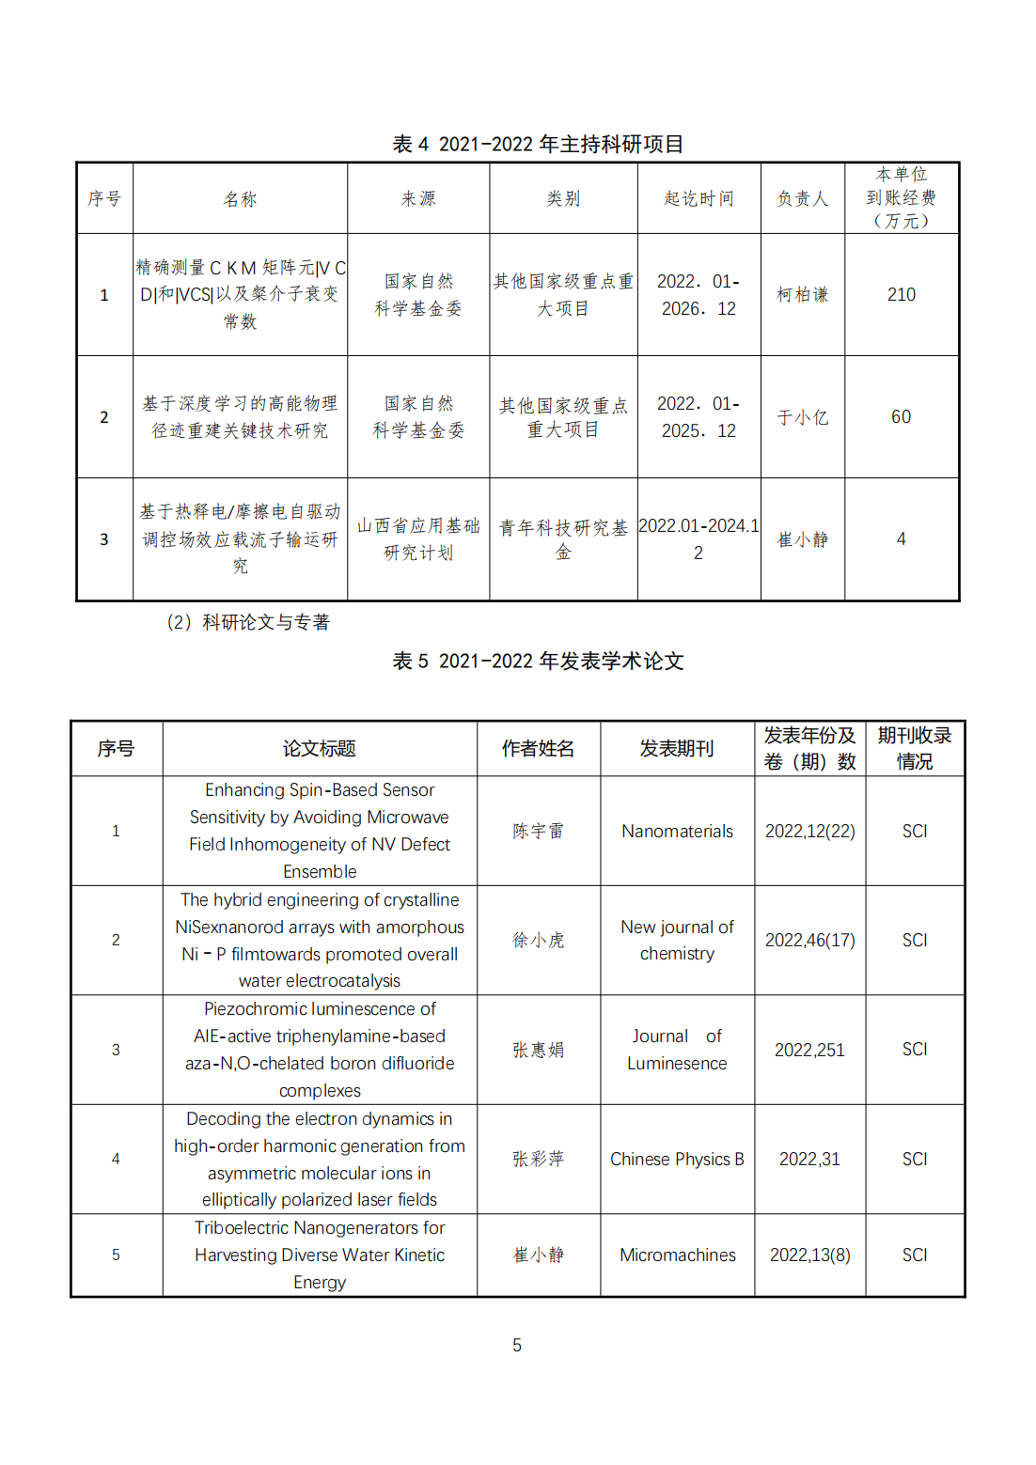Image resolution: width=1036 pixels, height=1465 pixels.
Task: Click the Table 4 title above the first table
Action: point(538,144)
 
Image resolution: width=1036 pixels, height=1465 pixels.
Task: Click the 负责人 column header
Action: point(802,198)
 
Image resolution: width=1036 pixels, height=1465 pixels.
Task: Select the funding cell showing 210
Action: point(901,294)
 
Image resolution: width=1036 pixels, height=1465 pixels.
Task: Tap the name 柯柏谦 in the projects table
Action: point(802,294)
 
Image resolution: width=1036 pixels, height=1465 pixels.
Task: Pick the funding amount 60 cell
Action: point(901,416)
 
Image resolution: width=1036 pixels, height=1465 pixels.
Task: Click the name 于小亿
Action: point(802,417)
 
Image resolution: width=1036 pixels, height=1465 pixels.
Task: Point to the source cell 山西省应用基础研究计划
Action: point(418,538)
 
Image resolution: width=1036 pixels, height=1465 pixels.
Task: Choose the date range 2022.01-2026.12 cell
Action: point(699,295)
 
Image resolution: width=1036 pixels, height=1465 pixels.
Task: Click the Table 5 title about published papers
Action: point(538,661)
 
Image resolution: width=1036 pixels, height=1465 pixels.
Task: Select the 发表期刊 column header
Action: point(677,748)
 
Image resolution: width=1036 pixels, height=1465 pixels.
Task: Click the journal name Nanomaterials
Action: point(677,831)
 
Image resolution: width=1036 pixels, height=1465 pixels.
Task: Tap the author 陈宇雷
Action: point(538,831)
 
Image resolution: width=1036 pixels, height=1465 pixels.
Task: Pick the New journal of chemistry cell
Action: point(677,940)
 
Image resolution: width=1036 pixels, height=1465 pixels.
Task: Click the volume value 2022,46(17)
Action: point(809,940)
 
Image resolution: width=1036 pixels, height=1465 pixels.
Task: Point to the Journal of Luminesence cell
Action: point(677,1049)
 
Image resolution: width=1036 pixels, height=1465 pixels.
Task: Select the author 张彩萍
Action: point(538,1159)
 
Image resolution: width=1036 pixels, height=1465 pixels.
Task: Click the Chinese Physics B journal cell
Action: point(677,1159)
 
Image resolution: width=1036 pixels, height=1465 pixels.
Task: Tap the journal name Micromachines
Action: point(677,1255)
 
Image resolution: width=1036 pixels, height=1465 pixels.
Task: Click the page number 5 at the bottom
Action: point(517,1345)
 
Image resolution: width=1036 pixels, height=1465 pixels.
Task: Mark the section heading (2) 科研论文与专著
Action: point(248,622)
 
